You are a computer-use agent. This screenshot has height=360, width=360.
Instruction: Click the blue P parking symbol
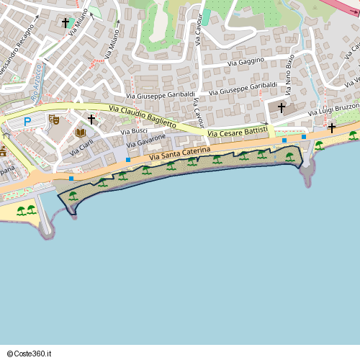click(27, 122)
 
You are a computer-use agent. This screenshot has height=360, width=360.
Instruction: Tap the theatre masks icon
click(54, 119)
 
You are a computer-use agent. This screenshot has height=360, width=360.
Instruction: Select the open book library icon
click(81, 132)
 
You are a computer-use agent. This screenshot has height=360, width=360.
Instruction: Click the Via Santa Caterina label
click(180, 153)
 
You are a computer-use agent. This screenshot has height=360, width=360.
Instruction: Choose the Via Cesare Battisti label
click(237, 132)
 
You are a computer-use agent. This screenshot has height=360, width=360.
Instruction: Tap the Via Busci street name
click(134, 132)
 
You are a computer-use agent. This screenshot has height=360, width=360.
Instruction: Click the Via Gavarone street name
click(147, 141)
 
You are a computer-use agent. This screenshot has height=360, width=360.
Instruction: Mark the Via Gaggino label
click(246, 62)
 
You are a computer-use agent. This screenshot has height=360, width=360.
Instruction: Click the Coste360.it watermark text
click(29, 354)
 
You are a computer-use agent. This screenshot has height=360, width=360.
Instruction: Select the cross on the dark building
click(282, 108)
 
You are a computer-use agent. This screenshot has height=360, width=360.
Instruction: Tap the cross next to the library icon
click(91, 118)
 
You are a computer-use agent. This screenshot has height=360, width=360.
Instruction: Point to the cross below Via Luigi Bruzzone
click(331, 128)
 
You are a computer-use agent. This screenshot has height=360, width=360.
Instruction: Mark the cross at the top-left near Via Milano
click(66, 23)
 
